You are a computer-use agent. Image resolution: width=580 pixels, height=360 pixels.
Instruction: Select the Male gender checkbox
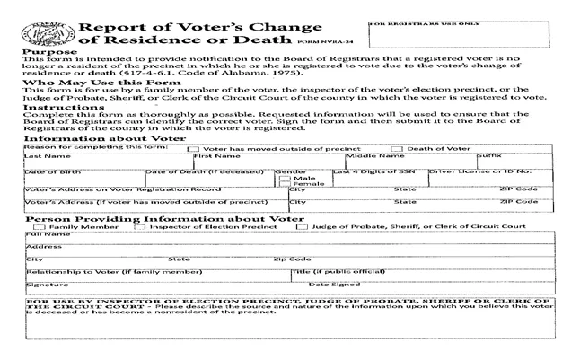point(285,178)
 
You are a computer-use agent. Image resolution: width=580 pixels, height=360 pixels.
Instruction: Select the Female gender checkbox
point(285,185)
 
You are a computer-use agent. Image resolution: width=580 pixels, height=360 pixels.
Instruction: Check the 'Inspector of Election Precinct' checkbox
point(139,226)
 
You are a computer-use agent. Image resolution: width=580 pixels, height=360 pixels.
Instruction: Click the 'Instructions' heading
point(57,107)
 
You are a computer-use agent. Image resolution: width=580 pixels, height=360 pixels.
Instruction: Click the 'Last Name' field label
point(40,155)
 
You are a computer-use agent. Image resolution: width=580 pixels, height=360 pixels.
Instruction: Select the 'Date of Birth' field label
point(44,171)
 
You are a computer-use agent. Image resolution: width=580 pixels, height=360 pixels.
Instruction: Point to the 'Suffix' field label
point(489,155)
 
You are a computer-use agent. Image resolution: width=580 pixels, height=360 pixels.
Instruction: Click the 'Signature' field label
point(40,283)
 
